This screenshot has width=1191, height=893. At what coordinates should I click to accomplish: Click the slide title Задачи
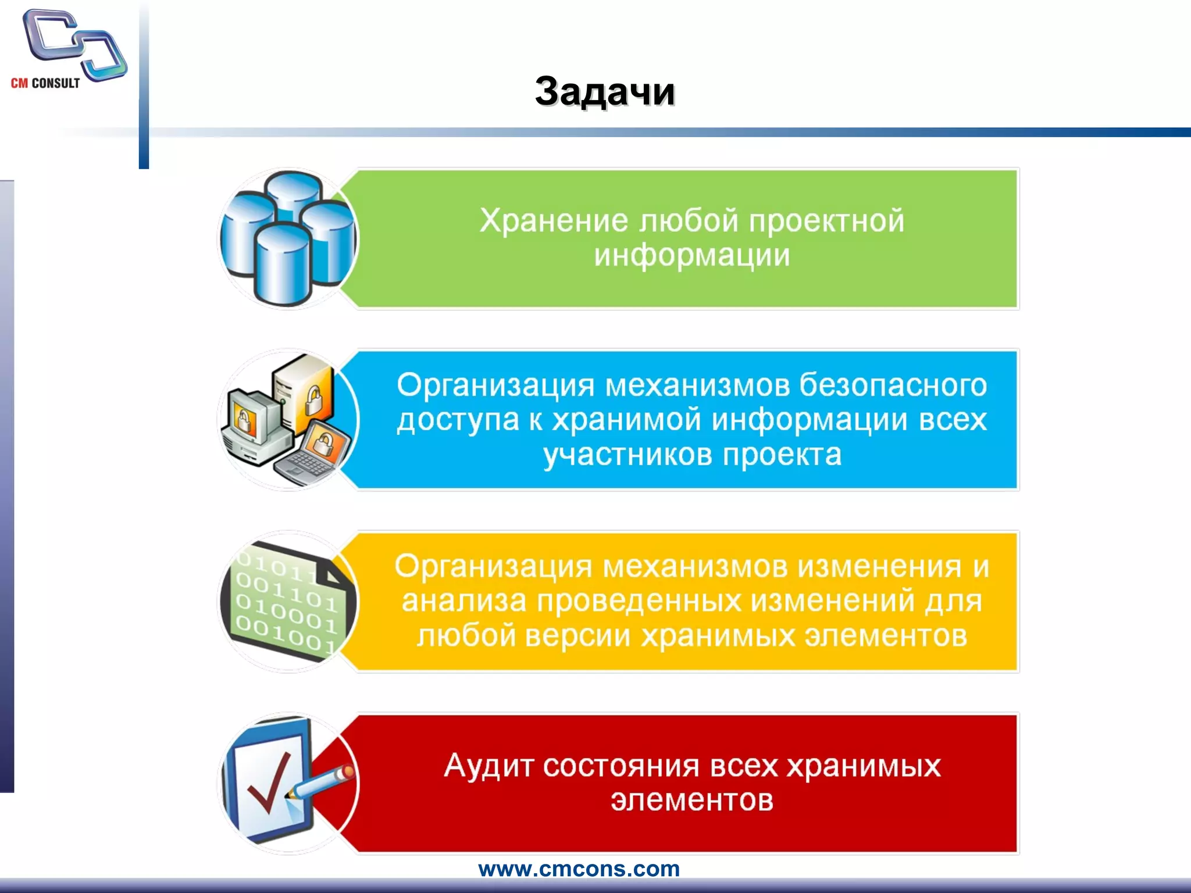605,92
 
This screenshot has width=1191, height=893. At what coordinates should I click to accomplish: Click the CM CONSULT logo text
45,83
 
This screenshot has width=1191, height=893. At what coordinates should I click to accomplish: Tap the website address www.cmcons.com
579,869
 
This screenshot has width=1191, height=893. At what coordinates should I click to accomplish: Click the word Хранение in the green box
554,221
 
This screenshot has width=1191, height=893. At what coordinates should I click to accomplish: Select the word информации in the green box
692,255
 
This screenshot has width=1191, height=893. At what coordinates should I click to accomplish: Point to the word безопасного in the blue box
893,385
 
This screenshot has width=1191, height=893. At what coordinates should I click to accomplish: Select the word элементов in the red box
692,801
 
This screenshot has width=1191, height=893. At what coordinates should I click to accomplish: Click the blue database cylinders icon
288,238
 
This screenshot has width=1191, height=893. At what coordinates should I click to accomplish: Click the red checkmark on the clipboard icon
269,783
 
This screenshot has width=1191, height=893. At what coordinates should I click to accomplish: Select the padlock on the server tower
314,400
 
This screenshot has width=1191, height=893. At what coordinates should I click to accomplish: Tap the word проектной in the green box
826,221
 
